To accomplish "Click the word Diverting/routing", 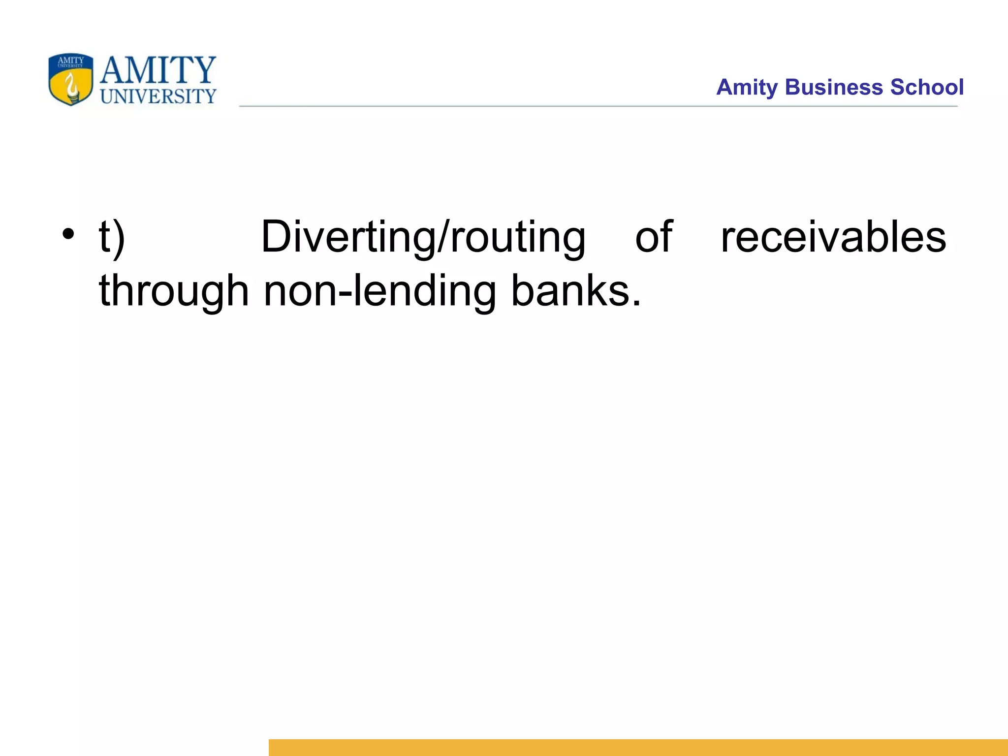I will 423,238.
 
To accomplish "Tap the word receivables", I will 833,238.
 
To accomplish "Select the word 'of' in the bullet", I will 654,238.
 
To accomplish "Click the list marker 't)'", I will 112,238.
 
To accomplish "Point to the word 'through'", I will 174,291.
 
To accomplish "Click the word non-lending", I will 379,291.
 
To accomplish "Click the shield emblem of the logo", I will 71,79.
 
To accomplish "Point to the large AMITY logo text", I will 158,70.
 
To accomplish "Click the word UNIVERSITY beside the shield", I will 158,96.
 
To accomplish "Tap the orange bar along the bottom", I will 638,747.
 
